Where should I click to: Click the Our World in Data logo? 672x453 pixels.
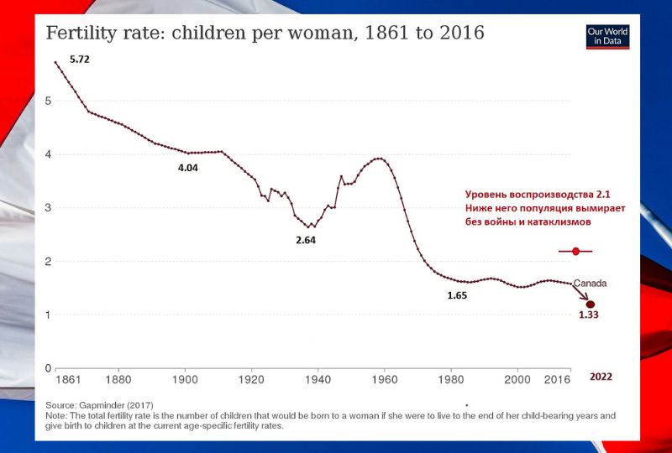[x=607, y=36]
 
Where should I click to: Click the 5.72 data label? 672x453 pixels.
[x=80, y=60]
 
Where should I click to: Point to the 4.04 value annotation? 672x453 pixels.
[x=188, y=168]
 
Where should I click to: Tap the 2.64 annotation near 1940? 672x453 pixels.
[x=306, y=240]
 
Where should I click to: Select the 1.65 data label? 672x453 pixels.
[x=457, y=295]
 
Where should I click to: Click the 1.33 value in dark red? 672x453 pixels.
[x=589, y=315]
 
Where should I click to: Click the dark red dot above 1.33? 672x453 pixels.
[x=591, y=305]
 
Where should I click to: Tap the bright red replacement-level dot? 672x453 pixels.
[x=575, y=252]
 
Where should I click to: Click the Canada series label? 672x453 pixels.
[x=591, y=283]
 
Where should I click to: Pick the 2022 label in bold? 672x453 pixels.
[x=601, y=377]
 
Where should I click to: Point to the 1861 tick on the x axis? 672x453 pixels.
[x=68, y=380]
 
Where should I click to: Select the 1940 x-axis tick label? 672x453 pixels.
[x=318, y=380]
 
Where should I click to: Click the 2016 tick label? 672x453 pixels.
[x=557, y=380]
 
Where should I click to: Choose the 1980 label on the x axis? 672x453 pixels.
[x=451, y=380]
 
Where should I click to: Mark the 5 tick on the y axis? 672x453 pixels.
[x=48, y=101]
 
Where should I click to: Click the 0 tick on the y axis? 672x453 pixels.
[x=48, y=368]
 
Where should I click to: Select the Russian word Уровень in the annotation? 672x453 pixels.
[x=486, y=195]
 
